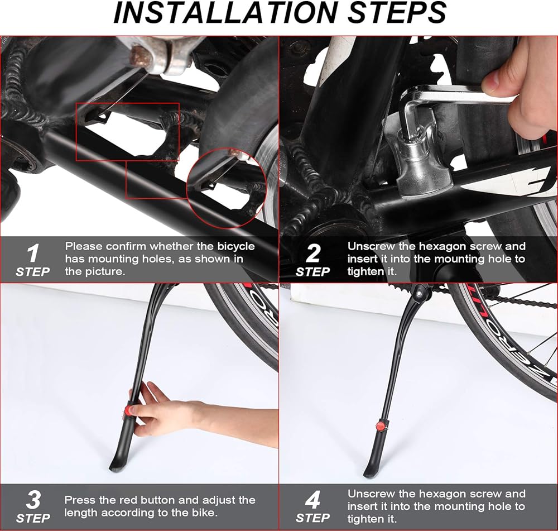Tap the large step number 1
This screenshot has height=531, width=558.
[x=33, y=253]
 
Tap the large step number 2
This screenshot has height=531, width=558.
[x=313, y=253]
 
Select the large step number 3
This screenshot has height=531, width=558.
[x=33, y=500]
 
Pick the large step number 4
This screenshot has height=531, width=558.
[x=313, y=500]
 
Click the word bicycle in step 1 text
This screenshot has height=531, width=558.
[x=236, y=246]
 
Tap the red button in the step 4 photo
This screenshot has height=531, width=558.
[x=379, y=425]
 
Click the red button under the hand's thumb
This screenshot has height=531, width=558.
[x=128, y=410]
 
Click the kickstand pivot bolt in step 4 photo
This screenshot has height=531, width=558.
[x=419, y=294]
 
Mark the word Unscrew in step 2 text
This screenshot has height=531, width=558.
[x=371, y=246]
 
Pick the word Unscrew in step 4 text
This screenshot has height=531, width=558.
[x=371, y=494]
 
